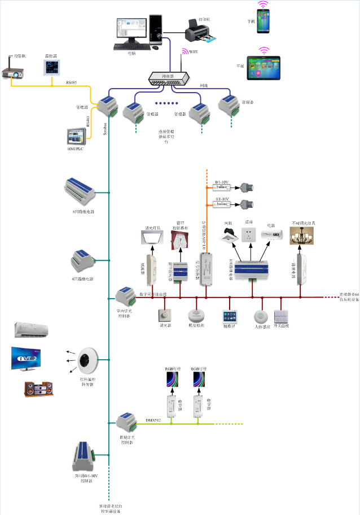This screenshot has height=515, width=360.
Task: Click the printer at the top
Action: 198,30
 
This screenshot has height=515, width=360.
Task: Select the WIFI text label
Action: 194,52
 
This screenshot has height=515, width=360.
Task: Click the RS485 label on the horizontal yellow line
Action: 72,82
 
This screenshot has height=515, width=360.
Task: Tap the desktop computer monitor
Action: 128,29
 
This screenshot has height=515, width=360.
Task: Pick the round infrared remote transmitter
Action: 89,359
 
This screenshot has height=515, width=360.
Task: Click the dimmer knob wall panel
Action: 165,315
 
